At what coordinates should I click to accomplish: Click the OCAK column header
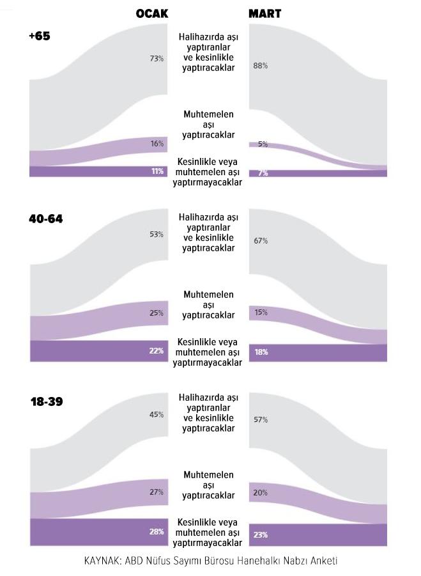click(x=152, y=13)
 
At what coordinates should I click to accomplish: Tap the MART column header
click(x=264, y=13)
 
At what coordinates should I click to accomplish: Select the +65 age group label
click(x=39, y=36)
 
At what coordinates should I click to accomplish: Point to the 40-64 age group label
click(x=46, y=219)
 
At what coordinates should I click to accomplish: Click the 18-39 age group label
click(x=47, y=401)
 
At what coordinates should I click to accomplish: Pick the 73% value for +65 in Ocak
click(x=157, y=58)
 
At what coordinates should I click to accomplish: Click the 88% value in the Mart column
click(x=261, y=66)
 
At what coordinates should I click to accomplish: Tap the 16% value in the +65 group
click(x=157, y=144)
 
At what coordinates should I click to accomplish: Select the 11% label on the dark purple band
click(x=157, y=171)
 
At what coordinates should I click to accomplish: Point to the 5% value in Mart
click(x=263, y=144)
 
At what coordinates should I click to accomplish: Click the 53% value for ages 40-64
click(x=157, y=235)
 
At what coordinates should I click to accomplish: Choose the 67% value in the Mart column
click(x=261, y=241)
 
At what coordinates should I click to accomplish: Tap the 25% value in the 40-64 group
click(x=157, y=313)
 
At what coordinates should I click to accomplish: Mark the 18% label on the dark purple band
click(x=261, y=352)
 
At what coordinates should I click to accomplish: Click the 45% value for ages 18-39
click(x=157, y=415)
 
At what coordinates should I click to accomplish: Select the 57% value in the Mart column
click(x=261, y=419)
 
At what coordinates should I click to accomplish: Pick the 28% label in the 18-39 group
click(x=157, y=531)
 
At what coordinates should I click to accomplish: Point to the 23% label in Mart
click(x=261, y=535)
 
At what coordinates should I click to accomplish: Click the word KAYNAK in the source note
click(x=102, y=561)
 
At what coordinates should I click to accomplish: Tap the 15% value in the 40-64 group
click(x=261, y=313)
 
